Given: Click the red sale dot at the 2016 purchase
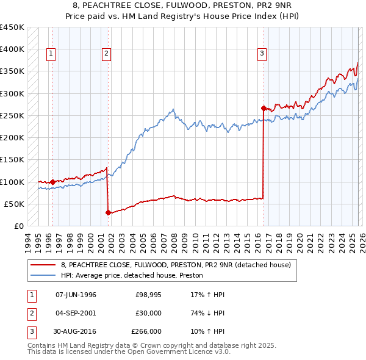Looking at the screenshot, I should tap(264, 109).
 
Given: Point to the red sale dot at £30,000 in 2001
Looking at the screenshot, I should tap(108, 212).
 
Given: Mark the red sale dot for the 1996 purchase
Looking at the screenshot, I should tap(52, 182).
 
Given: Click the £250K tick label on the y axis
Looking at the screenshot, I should tap(12, 115).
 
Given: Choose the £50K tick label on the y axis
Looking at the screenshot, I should tap(15, 204).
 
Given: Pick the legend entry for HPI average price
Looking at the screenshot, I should tap(132, 275).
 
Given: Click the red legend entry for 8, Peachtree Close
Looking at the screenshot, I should tap(176, 264).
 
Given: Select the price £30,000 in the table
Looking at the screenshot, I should tap(149, 313).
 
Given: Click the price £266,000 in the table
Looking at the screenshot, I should tap(146, 331).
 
